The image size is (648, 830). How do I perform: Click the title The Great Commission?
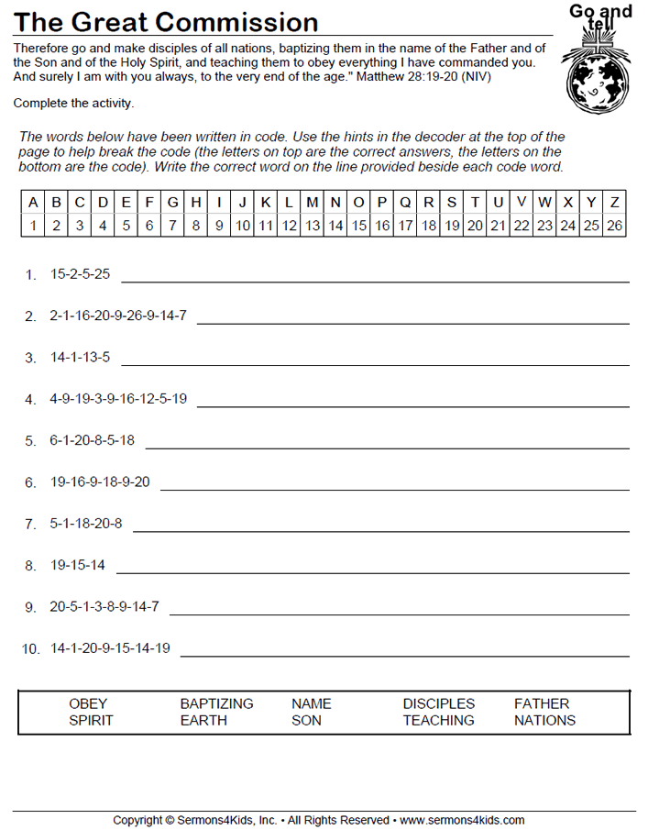click(x=167, y=22)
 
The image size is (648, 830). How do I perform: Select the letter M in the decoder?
click(x=313, y=203)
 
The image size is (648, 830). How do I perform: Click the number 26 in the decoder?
click(x=614, y=225)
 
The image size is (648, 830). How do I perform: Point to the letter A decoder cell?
click(x=33, y=203)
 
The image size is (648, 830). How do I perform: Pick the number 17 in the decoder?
click(x=405, y=225)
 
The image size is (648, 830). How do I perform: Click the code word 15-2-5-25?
click(x=80, y=274)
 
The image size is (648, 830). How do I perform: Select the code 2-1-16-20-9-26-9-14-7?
click(x=118, y=315)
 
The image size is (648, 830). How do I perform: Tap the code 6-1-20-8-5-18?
click(x=92, y=440)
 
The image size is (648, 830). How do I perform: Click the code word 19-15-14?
click(x=77, y=566)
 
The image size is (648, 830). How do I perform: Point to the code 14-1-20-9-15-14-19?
click(x=110, y=648)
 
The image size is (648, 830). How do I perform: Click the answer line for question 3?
click(x=375, y=363)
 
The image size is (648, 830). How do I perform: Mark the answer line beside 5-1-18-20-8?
click(x=381, y=529)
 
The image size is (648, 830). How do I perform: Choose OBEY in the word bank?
click(x=88, y=704)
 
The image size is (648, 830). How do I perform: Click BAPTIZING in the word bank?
click(x=216, y=704)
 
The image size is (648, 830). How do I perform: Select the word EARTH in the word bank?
click(x=203, y=721)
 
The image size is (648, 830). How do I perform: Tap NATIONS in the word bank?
click(x=544, y=721)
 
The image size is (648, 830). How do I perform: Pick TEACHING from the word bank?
click(x=438, y=721)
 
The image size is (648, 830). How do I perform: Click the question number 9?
click(x=30, y=607)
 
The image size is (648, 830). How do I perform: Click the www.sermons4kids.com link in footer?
click(x=462, y=820)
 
